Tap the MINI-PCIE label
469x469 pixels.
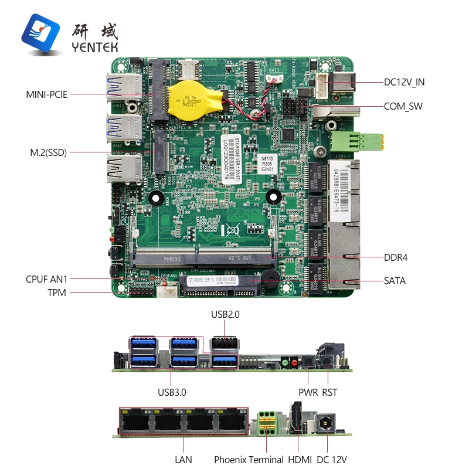(x=46, y=94)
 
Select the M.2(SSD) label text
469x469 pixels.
(x=48, y=152)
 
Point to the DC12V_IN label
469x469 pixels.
(x=404, y=82)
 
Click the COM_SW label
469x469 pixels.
(x=403, y=106)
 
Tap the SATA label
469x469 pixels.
(x=395, y=281)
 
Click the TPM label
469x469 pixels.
(x=57, y=293)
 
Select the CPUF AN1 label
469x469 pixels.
(x=46, y=279)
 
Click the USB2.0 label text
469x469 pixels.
(x=225, y=315)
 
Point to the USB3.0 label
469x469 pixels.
(x=172, y=392)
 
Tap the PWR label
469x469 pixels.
(x=308, y=392)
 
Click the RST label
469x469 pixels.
(x=329, y=392)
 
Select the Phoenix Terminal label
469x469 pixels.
(x=249, y=460)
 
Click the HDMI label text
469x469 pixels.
(x=299, y=460)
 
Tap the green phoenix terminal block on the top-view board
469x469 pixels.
(x=357, y=141)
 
